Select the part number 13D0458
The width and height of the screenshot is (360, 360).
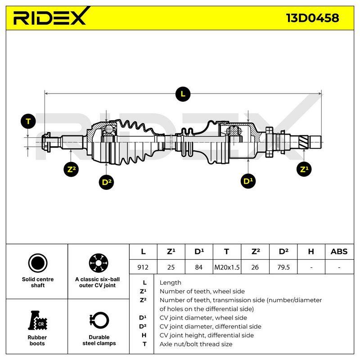tap(312, 18)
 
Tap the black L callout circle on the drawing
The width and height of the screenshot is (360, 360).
tap(183, 94)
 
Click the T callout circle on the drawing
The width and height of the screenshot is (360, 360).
tap(28, 121)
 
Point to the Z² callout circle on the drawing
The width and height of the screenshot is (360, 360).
tap(72, 170)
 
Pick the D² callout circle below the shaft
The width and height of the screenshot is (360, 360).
tap(106, 182)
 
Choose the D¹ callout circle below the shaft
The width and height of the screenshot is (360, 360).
tap(248, 181)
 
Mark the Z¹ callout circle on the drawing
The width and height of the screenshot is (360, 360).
tap(304, 170)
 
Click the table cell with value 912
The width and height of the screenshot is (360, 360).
tap(143, 267)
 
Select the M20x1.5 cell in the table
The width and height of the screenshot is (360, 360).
tap(227, 267)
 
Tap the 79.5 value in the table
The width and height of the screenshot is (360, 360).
tap(283, 267)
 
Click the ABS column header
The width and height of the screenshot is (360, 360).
tap(339, 252)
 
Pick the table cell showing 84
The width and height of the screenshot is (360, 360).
tap(199, 267)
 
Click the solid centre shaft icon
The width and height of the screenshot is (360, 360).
tap(38, 263)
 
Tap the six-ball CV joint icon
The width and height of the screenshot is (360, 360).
tap(99, 263)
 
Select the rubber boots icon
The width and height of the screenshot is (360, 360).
tap(37, 320)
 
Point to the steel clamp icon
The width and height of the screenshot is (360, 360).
tap(99, 320)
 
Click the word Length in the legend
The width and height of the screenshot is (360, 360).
tap(171, 283)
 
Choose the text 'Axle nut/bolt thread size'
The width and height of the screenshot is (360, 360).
tap(196, 344)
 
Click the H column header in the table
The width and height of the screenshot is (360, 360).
tap(311, 252)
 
